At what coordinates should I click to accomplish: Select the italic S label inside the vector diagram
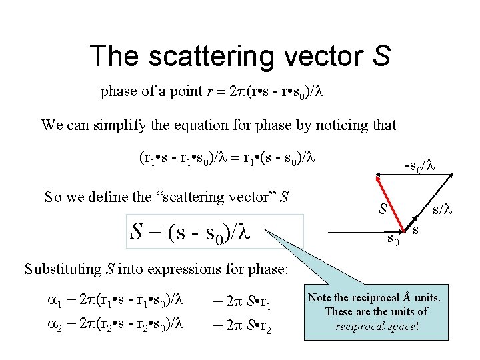click(x=383, y=209)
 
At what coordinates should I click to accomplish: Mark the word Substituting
click(x=64, y=269)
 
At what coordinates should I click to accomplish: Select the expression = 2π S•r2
click(x=245, y=325)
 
